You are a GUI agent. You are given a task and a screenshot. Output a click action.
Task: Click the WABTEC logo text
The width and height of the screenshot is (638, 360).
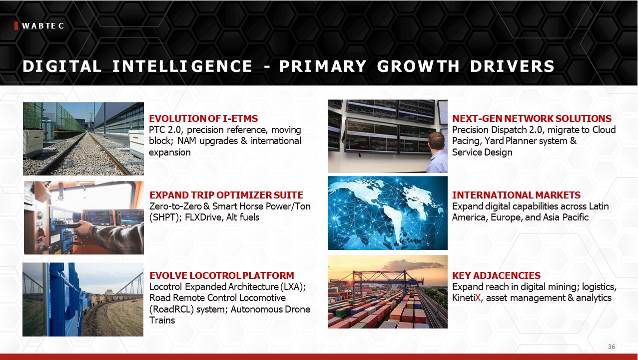43,26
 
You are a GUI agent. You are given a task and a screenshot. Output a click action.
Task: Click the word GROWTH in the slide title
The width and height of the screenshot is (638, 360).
418,66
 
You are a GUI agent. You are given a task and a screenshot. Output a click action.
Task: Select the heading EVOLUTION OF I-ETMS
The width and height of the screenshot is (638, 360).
203,118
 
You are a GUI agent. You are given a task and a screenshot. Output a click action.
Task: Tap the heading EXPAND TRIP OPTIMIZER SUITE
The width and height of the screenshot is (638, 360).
226,195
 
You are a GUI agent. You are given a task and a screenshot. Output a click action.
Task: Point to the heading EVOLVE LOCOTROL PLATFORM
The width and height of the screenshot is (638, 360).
222,275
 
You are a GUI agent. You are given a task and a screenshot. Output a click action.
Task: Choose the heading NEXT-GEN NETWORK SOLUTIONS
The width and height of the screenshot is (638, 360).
532,118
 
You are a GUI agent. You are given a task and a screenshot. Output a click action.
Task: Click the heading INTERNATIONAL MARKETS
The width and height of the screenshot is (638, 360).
516,195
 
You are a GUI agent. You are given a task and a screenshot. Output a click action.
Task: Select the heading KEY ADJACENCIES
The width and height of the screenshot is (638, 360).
496,275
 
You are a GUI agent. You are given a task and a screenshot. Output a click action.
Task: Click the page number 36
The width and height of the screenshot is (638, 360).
611,347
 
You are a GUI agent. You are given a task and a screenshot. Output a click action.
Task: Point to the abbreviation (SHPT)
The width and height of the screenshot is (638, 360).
165,217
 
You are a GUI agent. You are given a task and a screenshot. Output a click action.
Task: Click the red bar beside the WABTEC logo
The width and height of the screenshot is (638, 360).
16,25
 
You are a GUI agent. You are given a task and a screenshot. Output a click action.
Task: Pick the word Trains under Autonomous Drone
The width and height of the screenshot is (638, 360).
162,320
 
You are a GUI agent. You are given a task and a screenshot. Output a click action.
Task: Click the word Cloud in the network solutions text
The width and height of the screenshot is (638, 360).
604,130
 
